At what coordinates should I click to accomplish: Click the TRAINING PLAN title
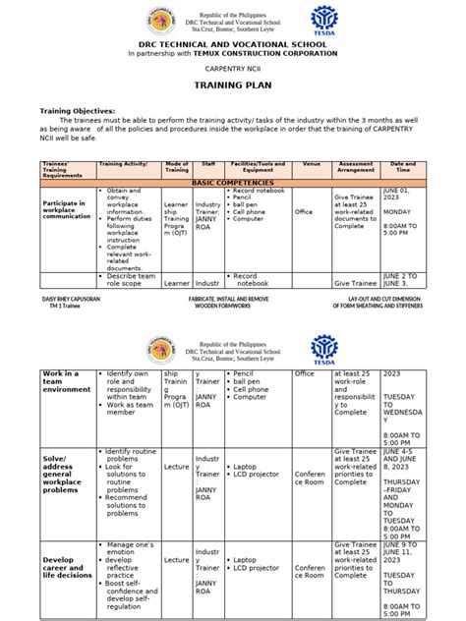point(234,86)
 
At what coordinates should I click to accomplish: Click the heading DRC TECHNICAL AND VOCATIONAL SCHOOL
point(233,42)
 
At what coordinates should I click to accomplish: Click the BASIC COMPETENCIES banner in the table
point(232,184)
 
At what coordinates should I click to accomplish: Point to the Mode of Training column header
point(177,169)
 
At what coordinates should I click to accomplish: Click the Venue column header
point(312,166)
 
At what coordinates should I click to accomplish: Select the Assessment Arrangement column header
point(356,169)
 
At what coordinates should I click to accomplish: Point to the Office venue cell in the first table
point(304,210)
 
